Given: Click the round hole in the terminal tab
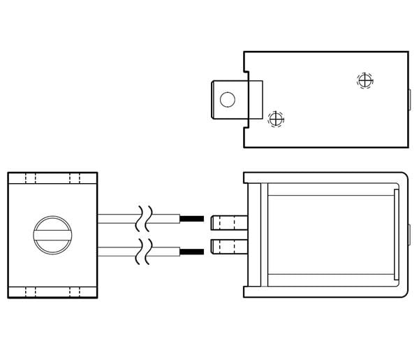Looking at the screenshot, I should pos(227,99).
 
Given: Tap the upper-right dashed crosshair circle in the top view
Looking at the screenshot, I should pos(365,80).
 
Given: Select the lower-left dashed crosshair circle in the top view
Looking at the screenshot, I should pos(277,118).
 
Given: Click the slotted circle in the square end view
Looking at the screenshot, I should pos(52,235).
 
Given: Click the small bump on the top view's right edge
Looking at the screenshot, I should pos(409,99).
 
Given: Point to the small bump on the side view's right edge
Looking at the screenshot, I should pos(409,235).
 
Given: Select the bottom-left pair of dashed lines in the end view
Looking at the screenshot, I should pos(29,291).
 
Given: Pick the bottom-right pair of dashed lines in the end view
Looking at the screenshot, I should pos(75,291).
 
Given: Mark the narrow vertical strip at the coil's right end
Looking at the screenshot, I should pos(396,235).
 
